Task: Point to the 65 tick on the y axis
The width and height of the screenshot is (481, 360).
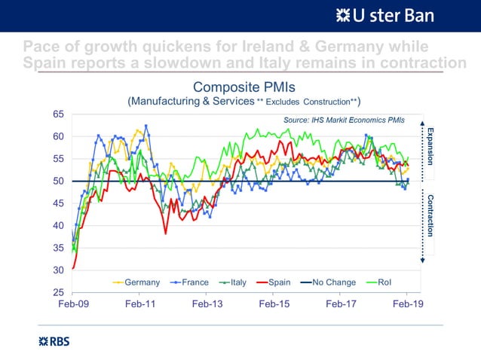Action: (x=57, y=114)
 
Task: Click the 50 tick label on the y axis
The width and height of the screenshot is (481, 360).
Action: (x=57, y=181)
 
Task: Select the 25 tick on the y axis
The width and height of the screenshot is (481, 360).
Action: (x=57, y=292)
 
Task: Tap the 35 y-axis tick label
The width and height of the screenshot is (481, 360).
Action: (x=57, y=248)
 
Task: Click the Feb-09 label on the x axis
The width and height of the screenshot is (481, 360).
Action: (x=73, y=305)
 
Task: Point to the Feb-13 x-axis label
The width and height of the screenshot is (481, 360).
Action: (x=207, y=305)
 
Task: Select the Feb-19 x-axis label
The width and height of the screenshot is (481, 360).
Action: (x=408, y=305)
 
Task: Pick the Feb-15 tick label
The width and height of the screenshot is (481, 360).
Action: (x=274, y=305)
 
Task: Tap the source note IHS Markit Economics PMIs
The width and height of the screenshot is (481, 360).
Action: (x=344, y=120)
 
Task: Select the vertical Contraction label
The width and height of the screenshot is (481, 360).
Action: (x=430, y=215)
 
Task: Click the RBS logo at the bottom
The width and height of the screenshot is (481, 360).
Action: (x=54, y=341)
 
